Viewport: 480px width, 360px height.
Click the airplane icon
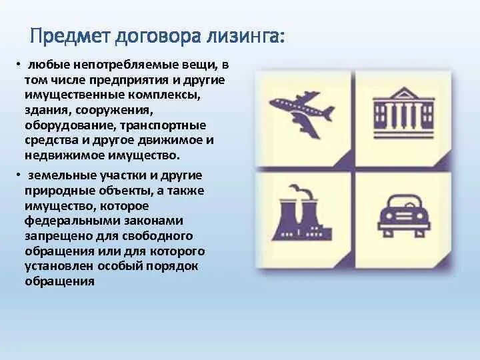click(303, 113)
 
